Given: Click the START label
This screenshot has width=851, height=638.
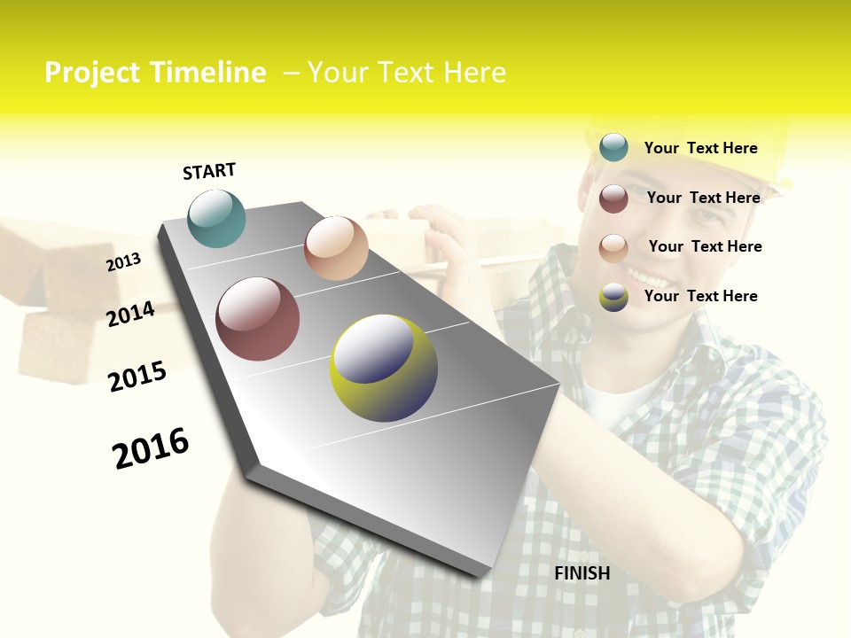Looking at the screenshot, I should tap(209, 171).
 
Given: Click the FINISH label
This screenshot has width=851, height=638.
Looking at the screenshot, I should tap(582, 573).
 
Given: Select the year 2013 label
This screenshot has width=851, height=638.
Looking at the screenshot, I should tap(124, 262).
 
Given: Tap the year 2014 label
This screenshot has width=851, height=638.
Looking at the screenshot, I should tap(131, 314).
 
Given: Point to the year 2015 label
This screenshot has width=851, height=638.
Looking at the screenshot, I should tap(137, 377).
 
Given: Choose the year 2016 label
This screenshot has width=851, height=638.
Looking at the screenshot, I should tap(151, 447).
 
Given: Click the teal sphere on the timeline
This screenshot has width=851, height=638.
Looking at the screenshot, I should tap(217, 218).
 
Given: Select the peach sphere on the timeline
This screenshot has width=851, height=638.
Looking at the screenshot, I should tap(336, 248).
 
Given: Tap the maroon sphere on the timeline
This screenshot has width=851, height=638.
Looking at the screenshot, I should tap(258, 319).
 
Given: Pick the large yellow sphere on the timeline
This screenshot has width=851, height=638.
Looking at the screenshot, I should tap(384, 368).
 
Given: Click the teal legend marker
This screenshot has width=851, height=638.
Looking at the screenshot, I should tap(613, 148).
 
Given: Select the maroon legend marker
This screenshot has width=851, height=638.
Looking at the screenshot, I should tap(613, 198).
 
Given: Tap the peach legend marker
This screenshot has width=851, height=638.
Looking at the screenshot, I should tap(613, 247).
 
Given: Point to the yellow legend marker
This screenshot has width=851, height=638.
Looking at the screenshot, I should tap(613, 297).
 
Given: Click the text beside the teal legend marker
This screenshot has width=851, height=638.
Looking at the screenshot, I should tap(700, 148).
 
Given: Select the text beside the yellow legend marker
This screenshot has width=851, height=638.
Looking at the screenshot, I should tap(700, 296).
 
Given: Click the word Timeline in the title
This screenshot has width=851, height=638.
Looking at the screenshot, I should tap(208, 73).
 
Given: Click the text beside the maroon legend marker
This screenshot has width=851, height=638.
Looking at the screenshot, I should tap(703, 198).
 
